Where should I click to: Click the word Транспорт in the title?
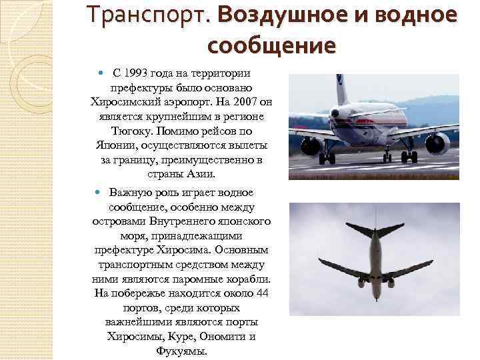point(147,15)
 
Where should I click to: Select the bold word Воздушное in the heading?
point(275,15)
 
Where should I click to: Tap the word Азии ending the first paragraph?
point(201,175)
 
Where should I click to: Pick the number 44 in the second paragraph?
point(262,293)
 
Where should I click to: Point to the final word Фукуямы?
point(181,351)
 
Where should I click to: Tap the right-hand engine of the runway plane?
point(438,142)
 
